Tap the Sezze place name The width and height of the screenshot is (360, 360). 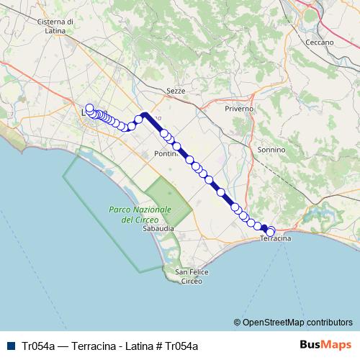176,91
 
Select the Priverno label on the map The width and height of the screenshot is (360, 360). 240,109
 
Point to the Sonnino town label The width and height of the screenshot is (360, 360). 271,150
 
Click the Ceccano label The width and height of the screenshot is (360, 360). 319,42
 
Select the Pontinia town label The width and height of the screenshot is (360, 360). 167,154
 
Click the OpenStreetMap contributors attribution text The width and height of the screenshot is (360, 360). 297,322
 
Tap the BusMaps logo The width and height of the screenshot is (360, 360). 325,345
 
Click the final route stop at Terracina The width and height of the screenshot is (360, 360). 271,231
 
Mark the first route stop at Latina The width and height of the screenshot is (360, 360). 89,109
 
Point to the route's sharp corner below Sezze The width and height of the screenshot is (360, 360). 144,114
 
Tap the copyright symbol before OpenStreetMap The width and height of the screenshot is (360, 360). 237,322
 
